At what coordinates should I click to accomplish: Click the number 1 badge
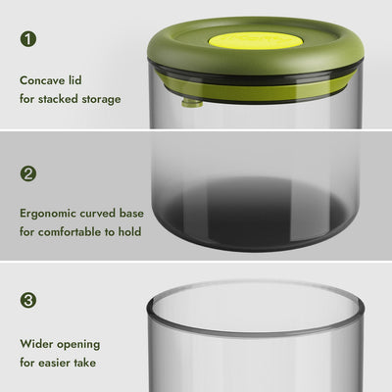click(x=28, y=40)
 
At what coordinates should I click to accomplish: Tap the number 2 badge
click(x=28, y=173)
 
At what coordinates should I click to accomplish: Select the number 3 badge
click(x=28, y=300)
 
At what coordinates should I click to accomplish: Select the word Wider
click(x=37, y=344)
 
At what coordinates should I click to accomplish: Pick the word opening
click(x=80, y=344)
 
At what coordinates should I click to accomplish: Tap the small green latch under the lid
click(x=192, y=100)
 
